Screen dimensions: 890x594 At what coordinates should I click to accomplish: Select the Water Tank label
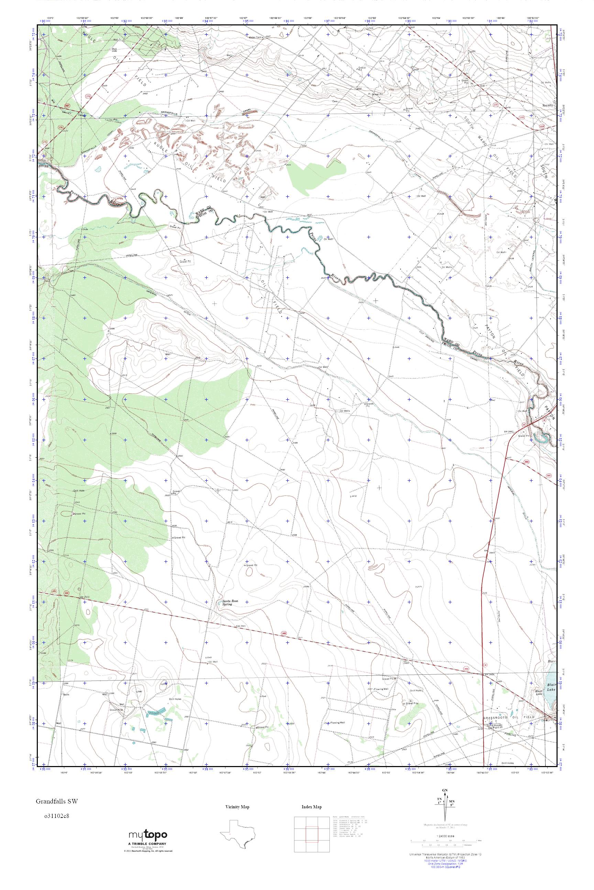click(x=255, y=37)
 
